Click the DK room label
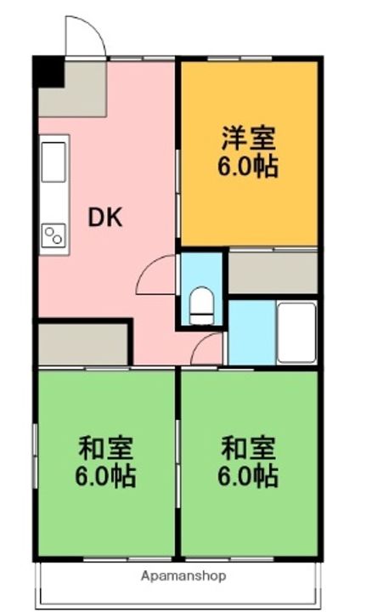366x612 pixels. click(105, 218)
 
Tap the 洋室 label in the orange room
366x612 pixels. click(248, 138)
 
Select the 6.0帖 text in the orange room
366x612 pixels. click(247, 167)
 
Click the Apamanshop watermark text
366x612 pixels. click(183, 575)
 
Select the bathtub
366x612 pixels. click(296, 332)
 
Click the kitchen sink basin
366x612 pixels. click(53, 161)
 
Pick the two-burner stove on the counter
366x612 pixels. click(53, 235)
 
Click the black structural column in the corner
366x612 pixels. click(48, 72)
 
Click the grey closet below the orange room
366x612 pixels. click(273, 273)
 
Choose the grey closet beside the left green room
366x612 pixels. click(83, 344)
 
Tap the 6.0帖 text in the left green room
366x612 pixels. click(105, 476)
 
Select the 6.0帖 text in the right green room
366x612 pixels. click(247, 476)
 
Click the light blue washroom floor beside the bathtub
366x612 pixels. click(252, 332)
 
